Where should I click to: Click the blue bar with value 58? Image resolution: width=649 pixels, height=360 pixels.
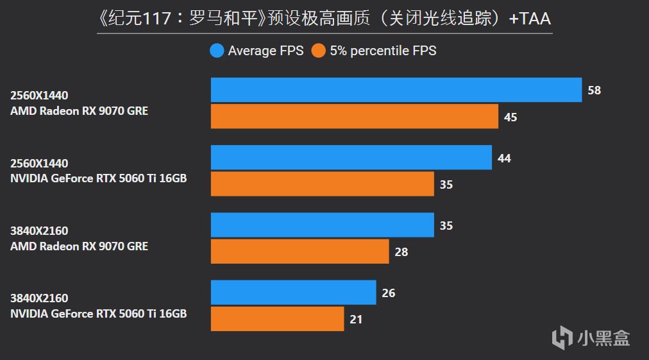pos(396,90)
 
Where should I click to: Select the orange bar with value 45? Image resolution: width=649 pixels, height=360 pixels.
pos(355,117)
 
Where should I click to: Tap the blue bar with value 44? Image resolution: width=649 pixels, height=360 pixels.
pos(351,158)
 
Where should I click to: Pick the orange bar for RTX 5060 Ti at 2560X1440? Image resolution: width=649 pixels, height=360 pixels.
pos(323,184)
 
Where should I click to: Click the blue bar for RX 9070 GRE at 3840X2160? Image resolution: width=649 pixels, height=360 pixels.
pos(323,225)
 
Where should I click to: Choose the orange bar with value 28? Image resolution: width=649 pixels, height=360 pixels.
pos(300,252)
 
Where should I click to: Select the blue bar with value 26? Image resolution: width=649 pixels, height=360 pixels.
pos(294,293)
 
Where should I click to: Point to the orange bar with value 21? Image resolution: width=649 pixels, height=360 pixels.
pos(278,319)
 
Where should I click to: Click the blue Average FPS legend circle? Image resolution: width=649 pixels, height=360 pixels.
pos(216,51)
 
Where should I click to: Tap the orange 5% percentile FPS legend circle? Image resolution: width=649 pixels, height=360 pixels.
pos(318,51)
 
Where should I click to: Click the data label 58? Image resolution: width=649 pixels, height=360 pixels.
pos(594,90)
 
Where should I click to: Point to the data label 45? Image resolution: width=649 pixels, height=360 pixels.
pos(510,117)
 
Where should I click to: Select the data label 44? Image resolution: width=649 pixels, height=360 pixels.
pos(504,158)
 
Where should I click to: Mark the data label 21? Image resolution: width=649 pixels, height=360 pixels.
pos(357,320)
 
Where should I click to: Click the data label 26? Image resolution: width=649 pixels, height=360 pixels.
pos(389,293)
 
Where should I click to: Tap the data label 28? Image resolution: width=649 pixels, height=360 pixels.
pos(401,252)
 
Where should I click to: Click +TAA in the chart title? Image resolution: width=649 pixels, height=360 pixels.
pos(530,19)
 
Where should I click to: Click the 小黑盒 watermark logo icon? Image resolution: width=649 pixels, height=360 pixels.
pos(562,337)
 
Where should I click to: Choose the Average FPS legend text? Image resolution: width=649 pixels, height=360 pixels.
pos(265,51)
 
